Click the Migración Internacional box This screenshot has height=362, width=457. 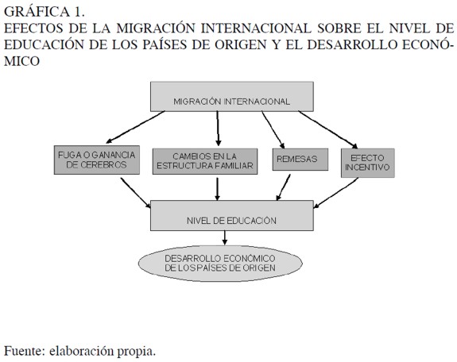[x=232, y=96]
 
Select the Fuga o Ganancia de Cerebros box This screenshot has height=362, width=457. [x=97, y=160]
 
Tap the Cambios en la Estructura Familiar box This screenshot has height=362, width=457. [x=205, y=161]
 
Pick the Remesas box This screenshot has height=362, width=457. [x=300, y=160]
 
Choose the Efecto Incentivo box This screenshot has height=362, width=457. [x=368, y=163]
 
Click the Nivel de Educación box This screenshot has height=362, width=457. [x=232, y=215]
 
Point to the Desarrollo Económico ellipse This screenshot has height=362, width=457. [x=220, y=264]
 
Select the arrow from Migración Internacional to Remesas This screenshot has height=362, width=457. [x=273, y=130]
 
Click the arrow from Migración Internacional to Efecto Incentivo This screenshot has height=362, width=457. [x=328, y=130]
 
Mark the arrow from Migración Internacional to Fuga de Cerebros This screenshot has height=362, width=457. [x=135, y=127]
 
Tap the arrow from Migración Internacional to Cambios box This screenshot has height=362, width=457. [x=218, y=129]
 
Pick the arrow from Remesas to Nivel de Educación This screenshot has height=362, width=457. [x=283, y=187]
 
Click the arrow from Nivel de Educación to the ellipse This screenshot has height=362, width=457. [x=224, y=237]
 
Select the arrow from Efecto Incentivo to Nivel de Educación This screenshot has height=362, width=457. [x=335, y=193]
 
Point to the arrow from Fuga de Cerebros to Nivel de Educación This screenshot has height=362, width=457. [x=136, y=193]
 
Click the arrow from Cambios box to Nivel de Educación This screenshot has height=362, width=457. [x=217, y=189]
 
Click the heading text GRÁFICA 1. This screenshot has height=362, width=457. [x=45, y=12]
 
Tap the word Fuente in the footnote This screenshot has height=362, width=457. [x=25, y=351]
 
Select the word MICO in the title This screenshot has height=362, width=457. [x=22, y=61]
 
